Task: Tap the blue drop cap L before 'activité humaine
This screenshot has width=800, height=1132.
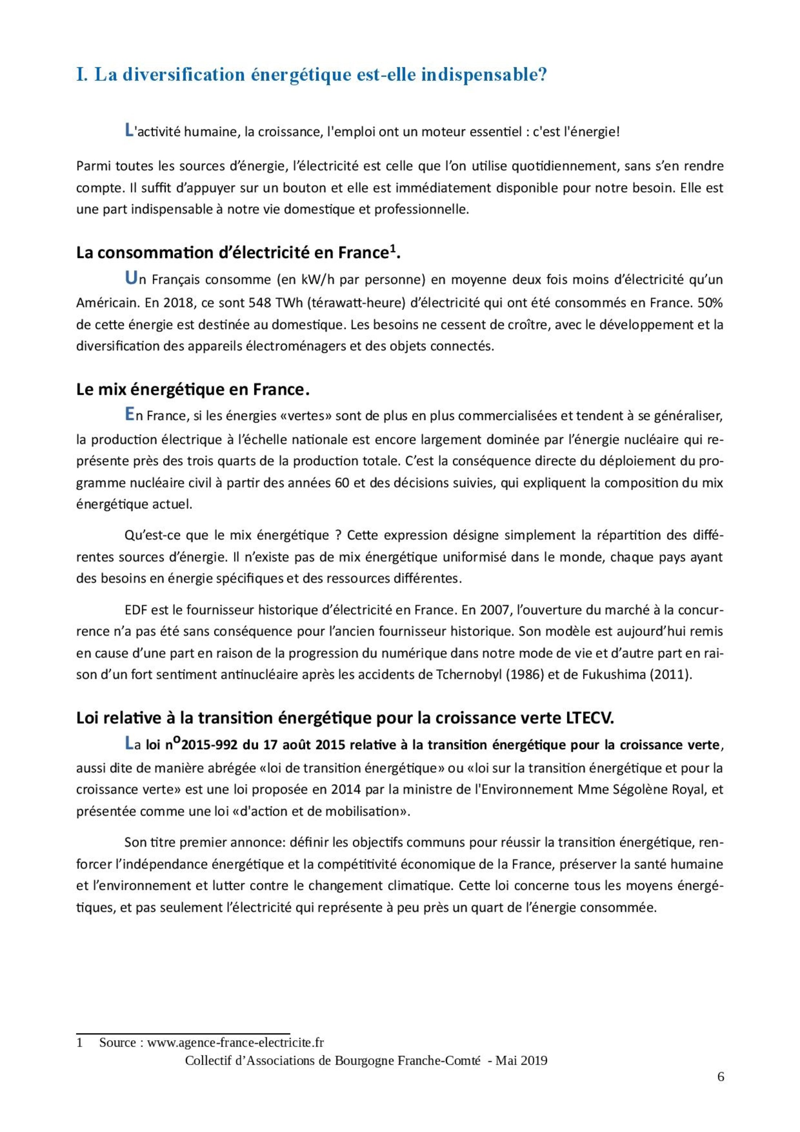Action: click(x=129, y=131)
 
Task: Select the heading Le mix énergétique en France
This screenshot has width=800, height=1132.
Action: click(x=193, y=390)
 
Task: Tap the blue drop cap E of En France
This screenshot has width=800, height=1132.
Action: click(x=129, y=415)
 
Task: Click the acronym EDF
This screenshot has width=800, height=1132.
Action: click(x=136, y=610)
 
